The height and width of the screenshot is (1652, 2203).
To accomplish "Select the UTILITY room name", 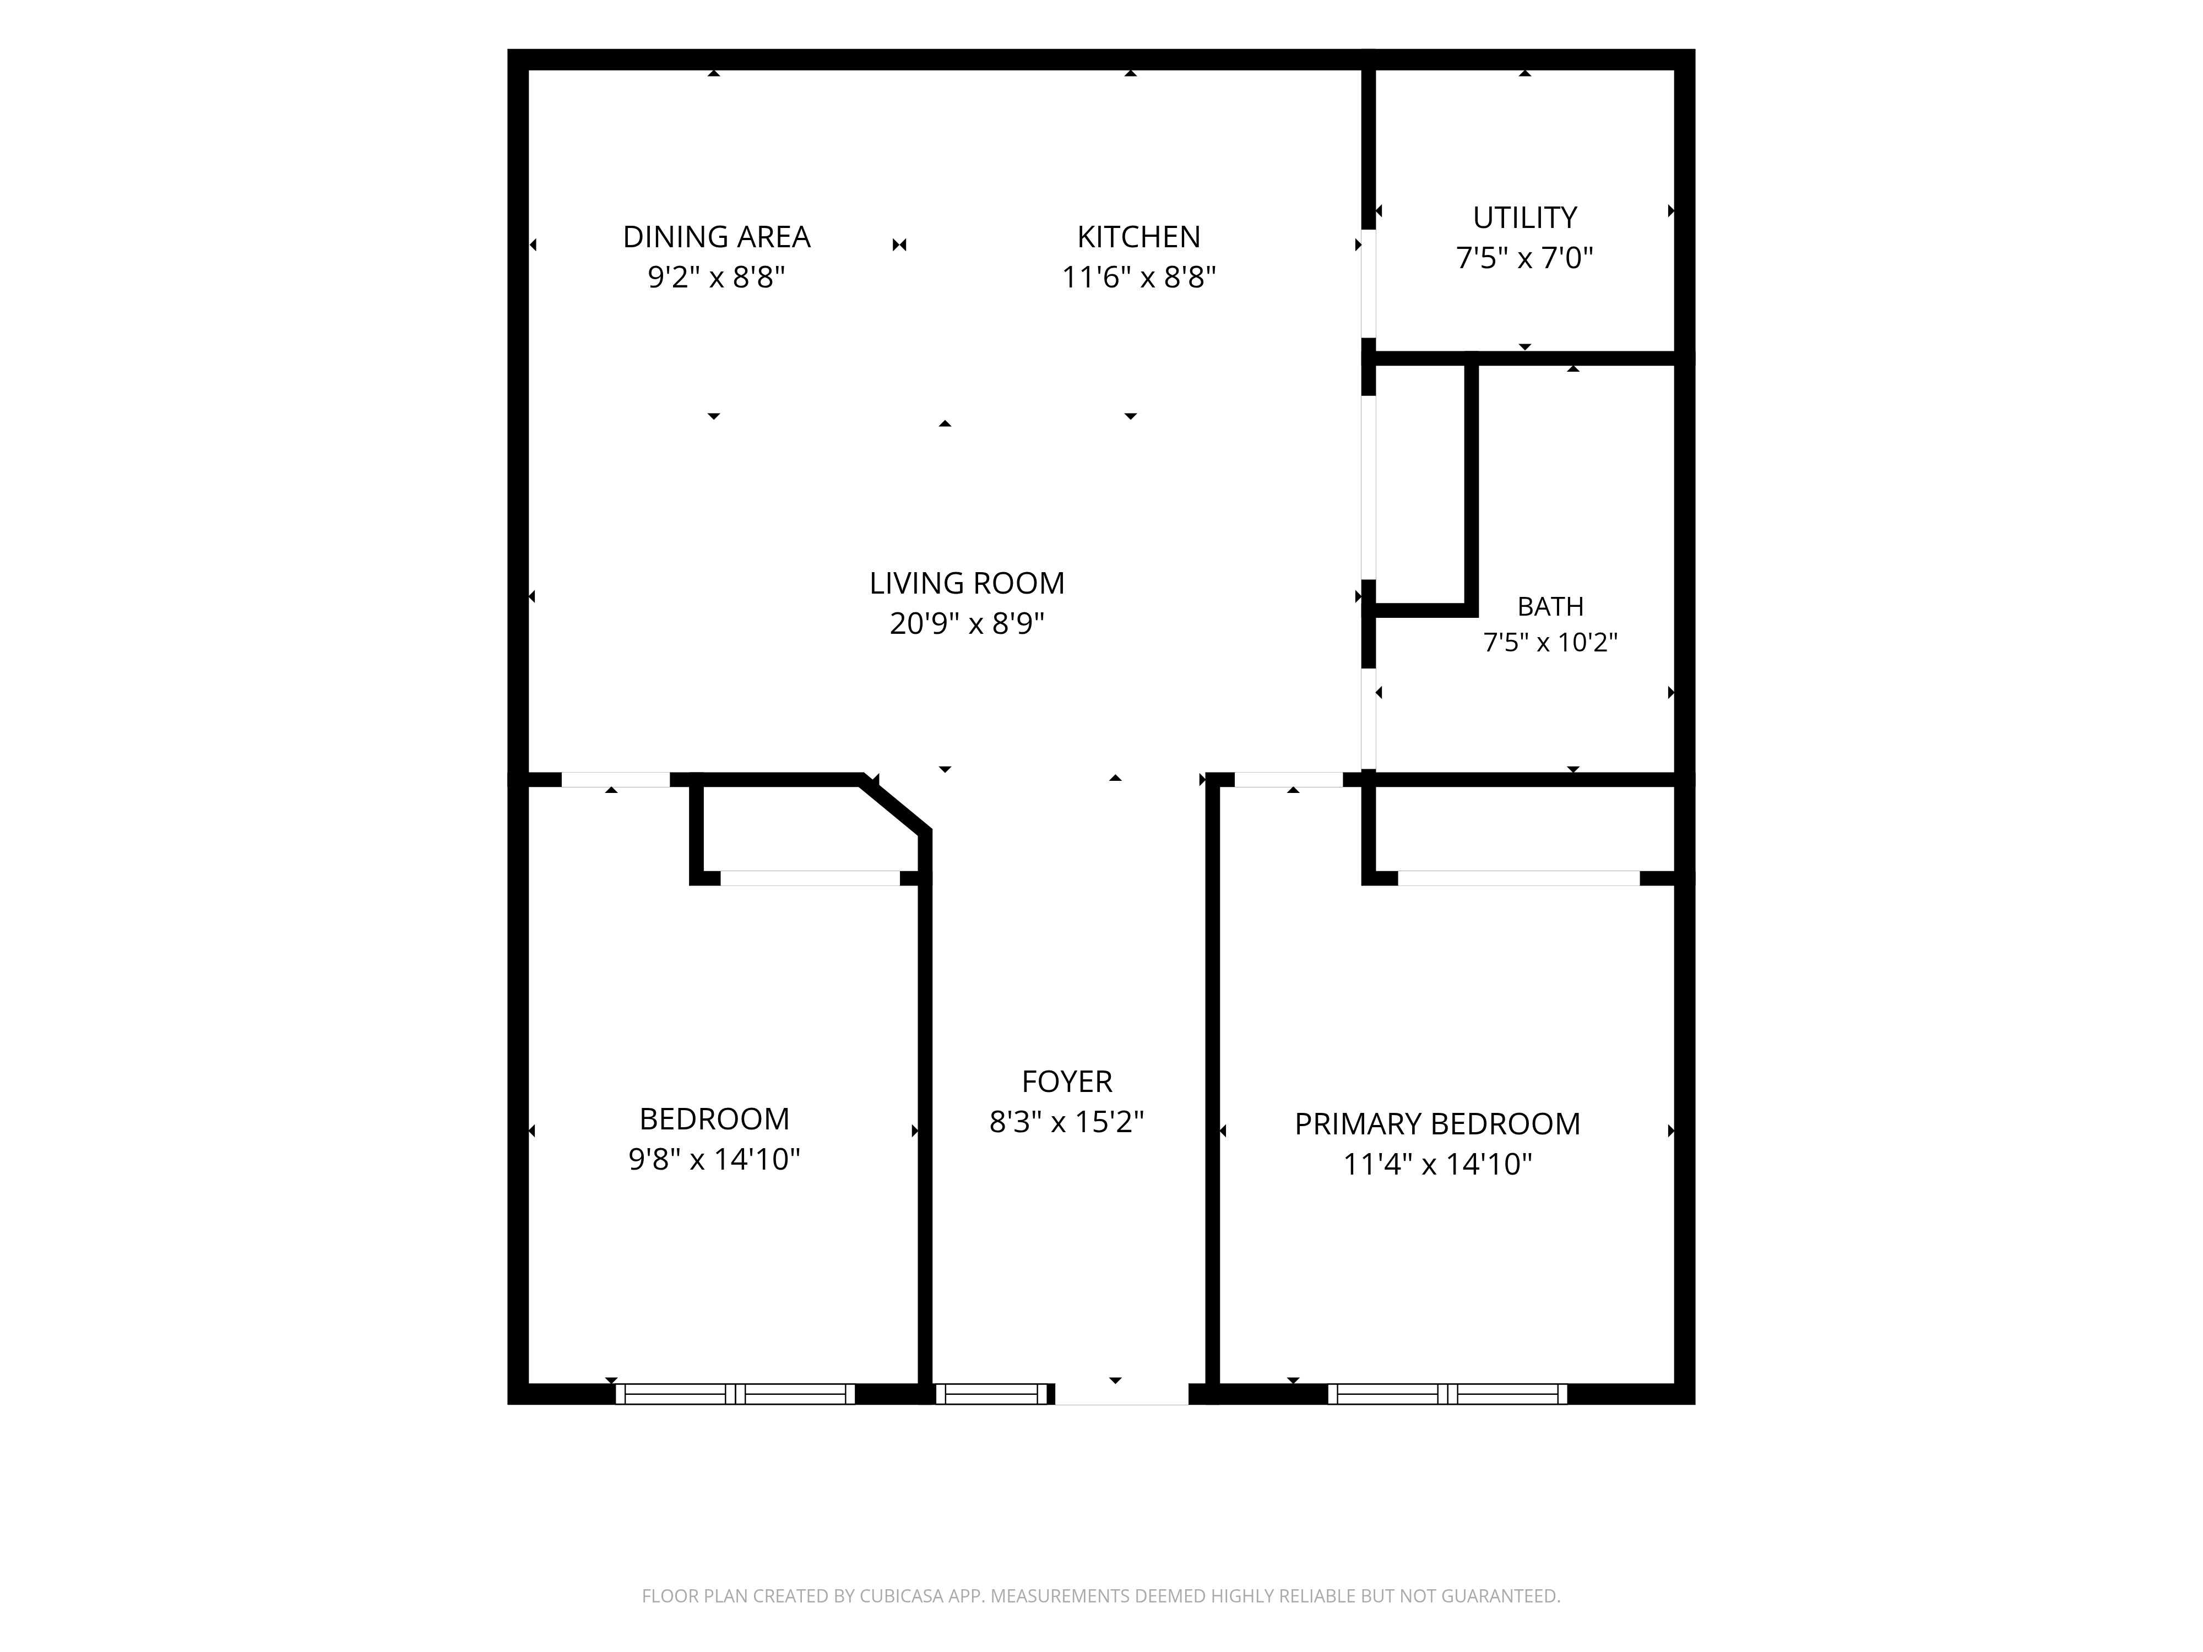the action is [x=1525, y=217].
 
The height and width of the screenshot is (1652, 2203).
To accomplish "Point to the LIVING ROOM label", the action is [x=967, y=583].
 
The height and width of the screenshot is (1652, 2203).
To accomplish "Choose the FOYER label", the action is [x=1067, y=1082].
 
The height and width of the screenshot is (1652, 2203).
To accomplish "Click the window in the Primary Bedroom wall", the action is [x=1447, y=1394].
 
